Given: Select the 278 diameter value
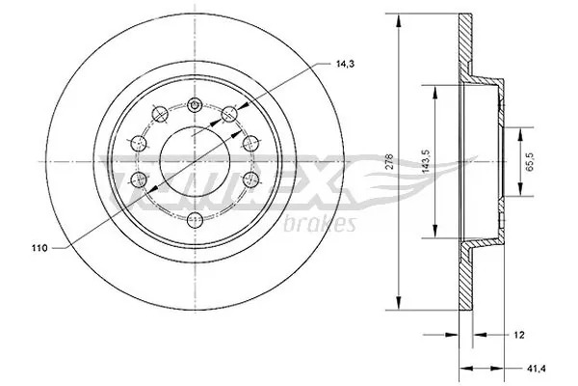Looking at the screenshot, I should pyautogui.click(x=387, y=161).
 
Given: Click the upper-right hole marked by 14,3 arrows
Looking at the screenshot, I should pyautogui.click(x=229, y=115).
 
